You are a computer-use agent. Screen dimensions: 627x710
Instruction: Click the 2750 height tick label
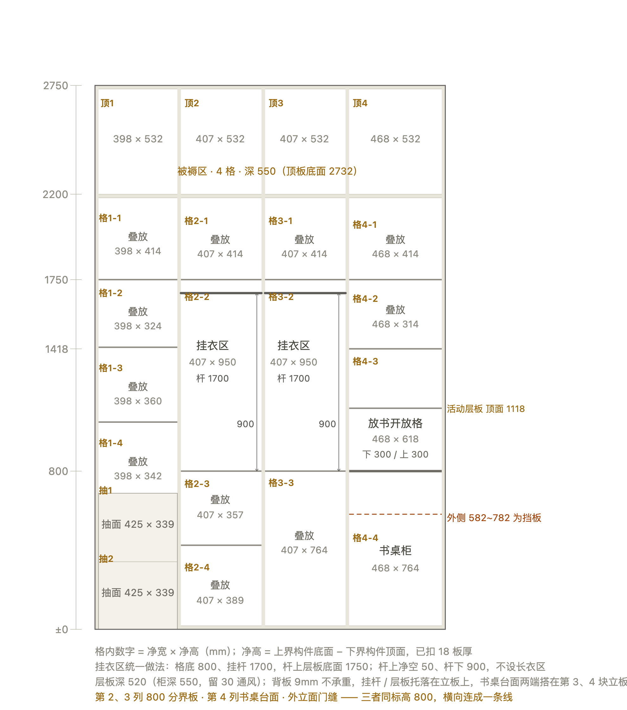[x=55, y=85]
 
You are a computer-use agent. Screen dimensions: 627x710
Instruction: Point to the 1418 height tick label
[x=56, y=349]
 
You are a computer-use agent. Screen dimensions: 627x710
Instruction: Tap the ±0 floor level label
[x=61, y=630]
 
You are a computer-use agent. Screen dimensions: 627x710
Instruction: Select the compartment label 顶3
[x=276, y=103]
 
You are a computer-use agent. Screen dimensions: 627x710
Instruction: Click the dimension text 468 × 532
[x=395, y=139]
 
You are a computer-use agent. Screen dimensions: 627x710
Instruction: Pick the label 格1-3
[x=111, y=368]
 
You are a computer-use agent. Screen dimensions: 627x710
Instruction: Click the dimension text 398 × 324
[x=138, y=326]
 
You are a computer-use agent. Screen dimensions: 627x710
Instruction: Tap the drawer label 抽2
[x=106, y=558]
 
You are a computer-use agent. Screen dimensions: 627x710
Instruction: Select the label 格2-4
[x=197, y=567]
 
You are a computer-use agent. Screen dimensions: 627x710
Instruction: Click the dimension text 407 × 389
[x=220, y=600]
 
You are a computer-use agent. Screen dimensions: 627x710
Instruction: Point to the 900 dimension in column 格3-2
[x=327, y=424]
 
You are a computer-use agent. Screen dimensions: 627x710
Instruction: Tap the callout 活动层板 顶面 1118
[x=485, y=409]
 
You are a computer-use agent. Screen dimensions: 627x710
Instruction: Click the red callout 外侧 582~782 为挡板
[x=494, y=518]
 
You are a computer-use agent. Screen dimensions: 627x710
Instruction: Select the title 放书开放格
[x=395, y=423]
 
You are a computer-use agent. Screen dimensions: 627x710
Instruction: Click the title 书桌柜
[x=395, y=551]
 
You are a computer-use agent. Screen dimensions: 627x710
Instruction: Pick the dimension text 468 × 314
[x=395, y=324]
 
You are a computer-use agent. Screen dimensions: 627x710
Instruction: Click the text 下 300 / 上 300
[x=395, y=454]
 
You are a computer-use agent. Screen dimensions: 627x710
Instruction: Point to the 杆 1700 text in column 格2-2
[x=212, y=378]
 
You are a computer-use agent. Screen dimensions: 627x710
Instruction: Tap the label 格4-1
[x=364, y=225]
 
